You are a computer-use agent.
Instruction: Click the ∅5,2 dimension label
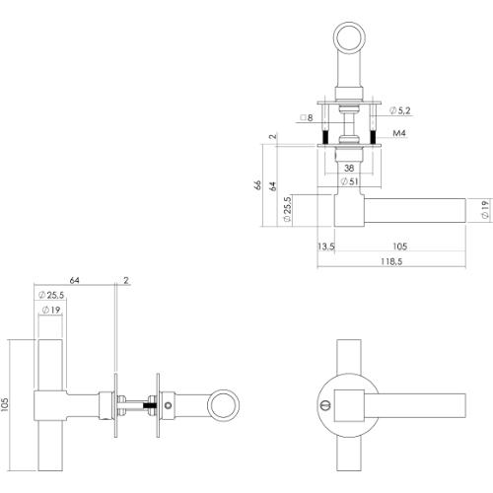[x=399, y=110]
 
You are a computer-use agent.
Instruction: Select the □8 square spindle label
[x=305, y=118]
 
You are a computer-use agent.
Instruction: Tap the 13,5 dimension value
[x=327, y=246]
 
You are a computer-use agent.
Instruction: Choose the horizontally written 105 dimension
[x=400, y=246]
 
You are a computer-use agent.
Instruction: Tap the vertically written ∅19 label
[x=484, y=209]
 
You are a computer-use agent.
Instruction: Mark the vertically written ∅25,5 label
[x=286, y=210]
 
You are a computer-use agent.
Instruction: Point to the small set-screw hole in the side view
[x=168, y=405]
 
